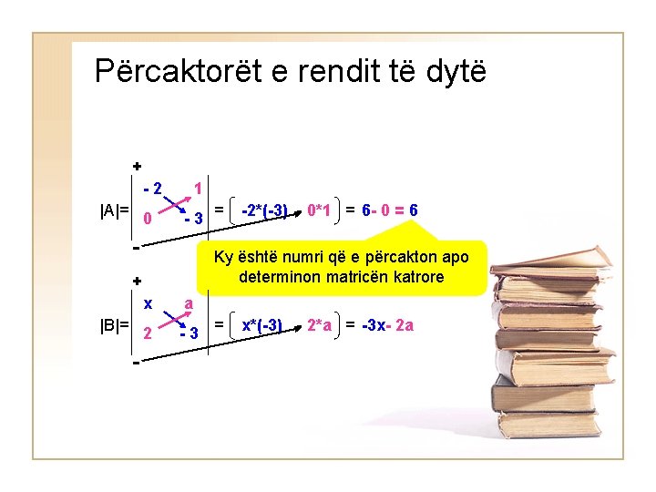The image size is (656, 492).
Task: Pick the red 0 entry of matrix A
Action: coord(147,219)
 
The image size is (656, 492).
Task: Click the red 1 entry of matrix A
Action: coord(198,190)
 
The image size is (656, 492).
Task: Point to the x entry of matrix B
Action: coord(147,302)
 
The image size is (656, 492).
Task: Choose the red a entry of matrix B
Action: coord(188,302)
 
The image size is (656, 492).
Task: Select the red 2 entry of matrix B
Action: coord(147,332)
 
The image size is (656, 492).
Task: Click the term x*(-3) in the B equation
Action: coord(261,324)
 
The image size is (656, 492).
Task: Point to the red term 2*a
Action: coord(319,324)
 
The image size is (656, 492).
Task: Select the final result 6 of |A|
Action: coord(414,211)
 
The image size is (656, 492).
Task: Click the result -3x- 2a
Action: coord(388,324)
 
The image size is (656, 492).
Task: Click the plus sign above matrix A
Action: coord(137,167)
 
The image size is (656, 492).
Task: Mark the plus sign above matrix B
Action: coord(137,281)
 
